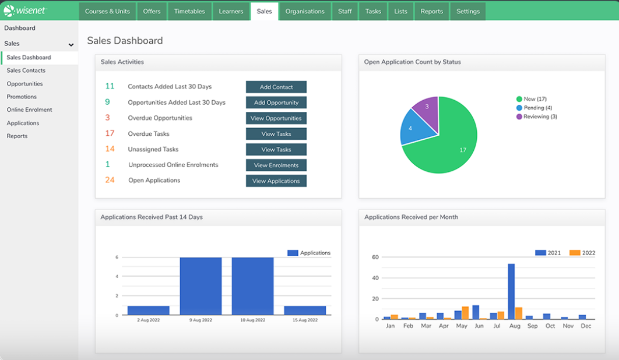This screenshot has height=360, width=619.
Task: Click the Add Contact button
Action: coord(276,87)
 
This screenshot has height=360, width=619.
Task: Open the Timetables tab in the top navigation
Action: coord(189,12)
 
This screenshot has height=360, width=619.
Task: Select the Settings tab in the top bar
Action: coord(468,12)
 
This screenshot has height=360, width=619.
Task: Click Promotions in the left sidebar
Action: coord(22,97)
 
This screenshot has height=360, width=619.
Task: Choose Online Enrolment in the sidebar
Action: coord(29,110)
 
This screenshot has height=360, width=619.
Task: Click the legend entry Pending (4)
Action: coord(534,108)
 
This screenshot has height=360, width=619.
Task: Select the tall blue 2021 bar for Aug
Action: coord(511,291)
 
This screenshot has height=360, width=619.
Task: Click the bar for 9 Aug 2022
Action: coord(201,286)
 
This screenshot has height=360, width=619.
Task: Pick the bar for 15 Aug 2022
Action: coord(305,310)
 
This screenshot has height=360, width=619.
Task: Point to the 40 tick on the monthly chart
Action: coord(375,278)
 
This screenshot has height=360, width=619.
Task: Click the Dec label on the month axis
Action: coord(586,326)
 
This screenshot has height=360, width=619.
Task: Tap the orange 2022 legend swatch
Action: coord(575,253)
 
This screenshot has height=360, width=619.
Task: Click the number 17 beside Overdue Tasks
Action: coord(110,133)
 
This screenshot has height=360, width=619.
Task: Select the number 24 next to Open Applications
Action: coord(110,180)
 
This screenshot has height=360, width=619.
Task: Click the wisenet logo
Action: coord(24,10)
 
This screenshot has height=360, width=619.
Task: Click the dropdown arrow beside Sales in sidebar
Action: coord(71,45)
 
